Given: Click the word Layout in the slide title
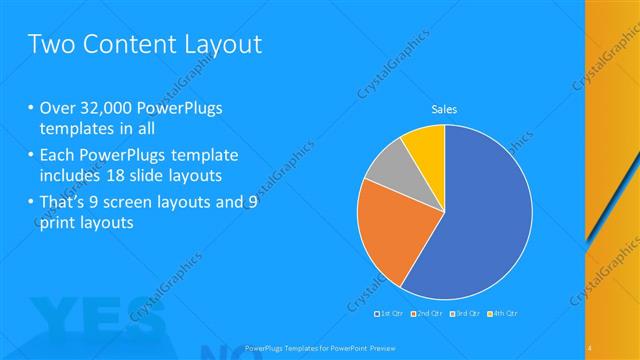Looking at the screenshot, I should click(x=221, y=44).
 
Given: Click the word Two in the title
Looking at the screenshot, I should click(x=51, y=44).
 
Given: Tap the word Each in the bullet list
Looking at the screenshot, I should click(x=58, y=154).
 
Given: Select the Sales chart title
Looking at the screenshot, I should click(x=444, y=109).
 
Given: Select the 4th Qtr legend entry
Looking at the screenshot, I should click(x=503, y=314).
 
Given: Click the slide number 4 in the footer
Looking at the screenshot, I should click(x=590, y=345).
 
